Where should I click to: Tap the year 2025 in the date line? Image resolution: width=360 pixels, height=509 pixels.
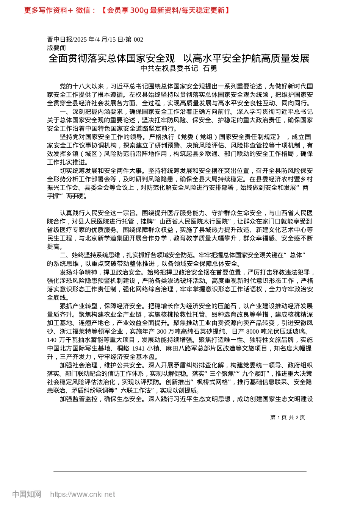coord(81,39)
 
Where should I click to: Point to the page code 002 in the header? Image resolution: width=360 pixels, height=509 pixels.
coord(138,39)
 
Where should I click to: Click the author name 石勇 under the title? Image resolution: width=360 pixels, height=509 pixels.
coord(210,69)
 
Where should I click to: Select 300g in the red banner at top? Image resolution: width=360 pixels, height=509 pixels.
coord(139,10)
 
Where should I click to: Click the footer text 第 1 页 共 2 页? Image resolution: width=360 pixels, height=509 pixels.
coord(287,417)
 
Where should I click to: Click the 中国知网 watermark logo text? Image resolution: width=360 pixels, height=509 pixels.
coord(27,494)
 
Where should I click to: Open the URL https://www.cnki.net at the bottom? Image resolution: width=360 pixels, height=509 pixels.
coord(83,494)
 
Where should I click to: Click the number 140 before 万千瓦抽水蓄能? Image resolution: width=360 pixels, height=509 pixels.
coord(52,340)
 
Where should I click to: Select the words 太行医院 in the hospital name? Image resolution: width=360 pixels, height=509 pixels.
coord(215,222)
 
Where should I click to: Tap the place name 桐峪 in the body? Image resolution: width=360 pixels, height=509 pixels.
coord(124,348)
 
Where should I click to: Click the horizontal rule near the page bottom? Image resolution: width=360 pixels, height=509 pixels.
coord(180,472)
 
